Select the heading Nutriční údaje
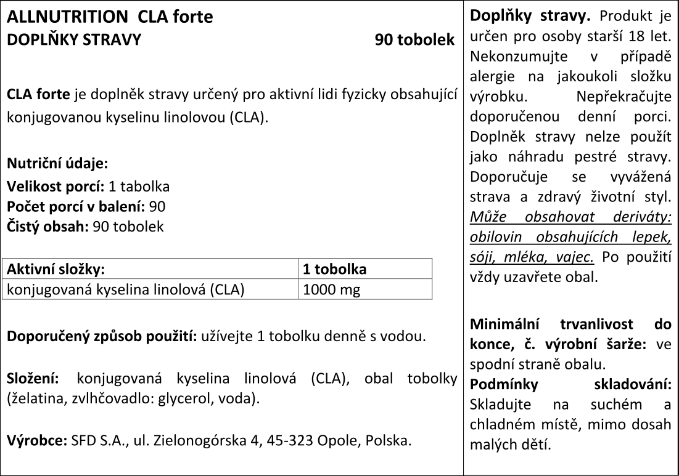point(57,164)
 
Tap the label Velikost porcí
point(56,186)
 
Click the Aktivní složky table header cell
point(56,269)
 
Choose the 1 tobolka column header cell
point(335,269)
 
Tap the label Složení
point(33,377)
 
